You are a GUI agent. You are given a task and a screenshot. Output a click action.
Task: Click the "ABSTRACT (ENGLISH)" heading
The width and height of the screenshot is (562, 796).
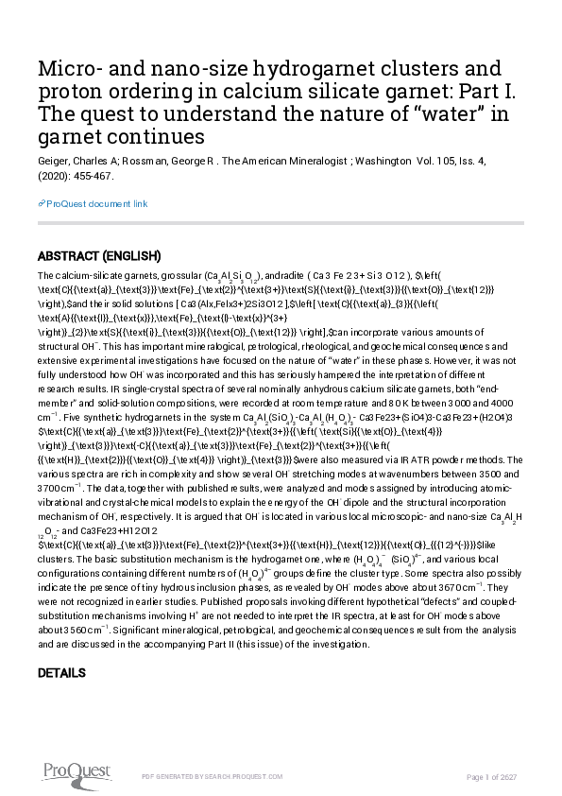coord(99,256)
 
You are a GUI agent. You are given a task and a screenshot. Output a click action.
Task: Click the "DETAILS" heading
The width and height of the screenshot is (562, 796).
coord(61,672)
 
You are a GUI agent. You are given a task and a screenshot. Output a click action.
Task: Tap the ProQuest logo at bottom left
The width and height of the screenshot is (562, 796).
coord(71,773)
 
